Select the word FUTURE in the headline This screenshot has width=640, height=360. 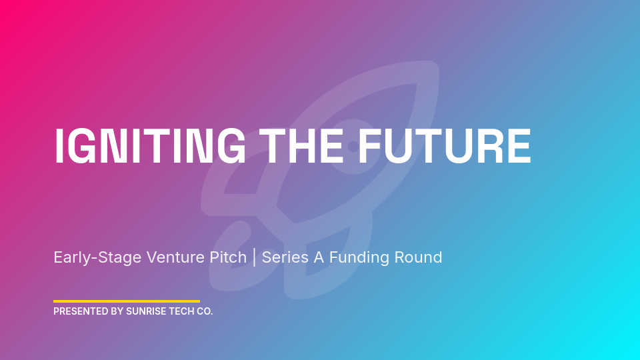[445, 146]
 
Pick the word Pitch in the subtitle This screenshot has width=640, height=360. [228, 257]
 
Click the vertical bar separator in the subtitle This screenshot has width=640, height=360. [254, 257]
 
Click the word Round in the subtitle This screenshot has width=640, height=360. [420, 257]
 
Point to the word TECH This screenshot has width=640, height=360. [183, 311]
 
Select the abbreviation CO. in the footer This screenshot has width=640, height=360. [205, 311]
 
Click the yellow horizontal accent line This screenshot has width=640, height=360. [127, 301]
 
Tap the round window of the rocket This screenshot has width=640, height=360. [353, 146]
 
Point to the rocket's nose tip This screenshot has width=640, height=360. [430, 70]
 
